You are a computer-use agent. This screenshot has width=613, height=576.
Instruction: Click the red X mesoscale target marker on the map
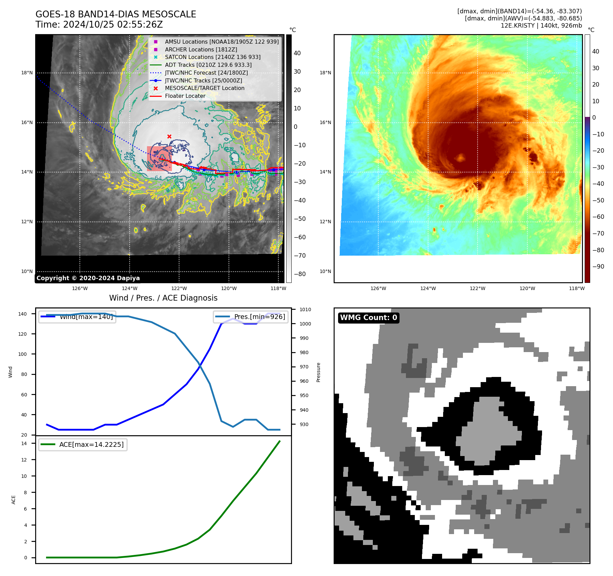169,136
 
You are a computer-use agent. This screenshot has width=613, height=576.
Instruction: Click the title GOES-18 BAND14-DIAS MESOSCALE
116,14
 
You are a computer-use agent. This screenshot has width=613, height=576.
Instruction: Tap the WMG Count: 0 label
368,318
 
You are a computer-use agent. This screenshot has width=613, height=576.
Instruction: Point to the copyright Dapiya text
88,278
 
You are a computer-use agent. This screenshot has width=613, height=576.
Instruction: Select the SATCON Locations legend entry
213,57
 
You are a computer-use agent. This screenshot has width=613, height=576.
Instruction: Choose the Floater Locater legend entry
185,96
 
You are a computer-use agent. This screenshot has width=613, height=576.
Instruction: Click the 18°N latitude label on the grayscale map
27,73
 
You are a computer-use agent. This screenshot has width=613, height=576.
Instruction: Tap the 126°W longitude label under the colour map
378,288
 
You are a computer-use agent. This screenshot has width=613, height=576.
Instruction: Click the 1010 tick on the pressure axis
305,309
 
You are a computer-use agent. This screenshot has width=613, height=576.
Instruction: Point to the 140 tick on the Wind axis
23,314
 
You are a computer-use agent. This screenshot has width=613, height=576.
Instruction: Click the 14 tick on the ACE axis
24,443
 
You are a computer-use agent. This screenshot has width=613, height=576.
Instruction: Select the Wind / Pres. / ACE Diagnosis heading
163,298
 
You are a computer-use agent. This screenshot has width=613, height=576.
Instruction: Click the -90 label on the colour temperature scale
598,267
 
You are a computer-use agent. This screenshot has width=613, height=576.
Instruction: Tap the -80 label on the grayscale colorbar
300,274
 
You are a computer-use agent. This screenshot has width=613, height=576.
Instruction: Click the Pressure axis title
318,372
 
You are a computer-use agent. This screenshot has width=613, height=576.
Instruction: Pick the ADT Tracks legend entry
208,65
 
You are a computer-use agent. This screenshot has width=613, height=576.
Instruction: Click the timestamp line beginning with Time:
99,25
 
